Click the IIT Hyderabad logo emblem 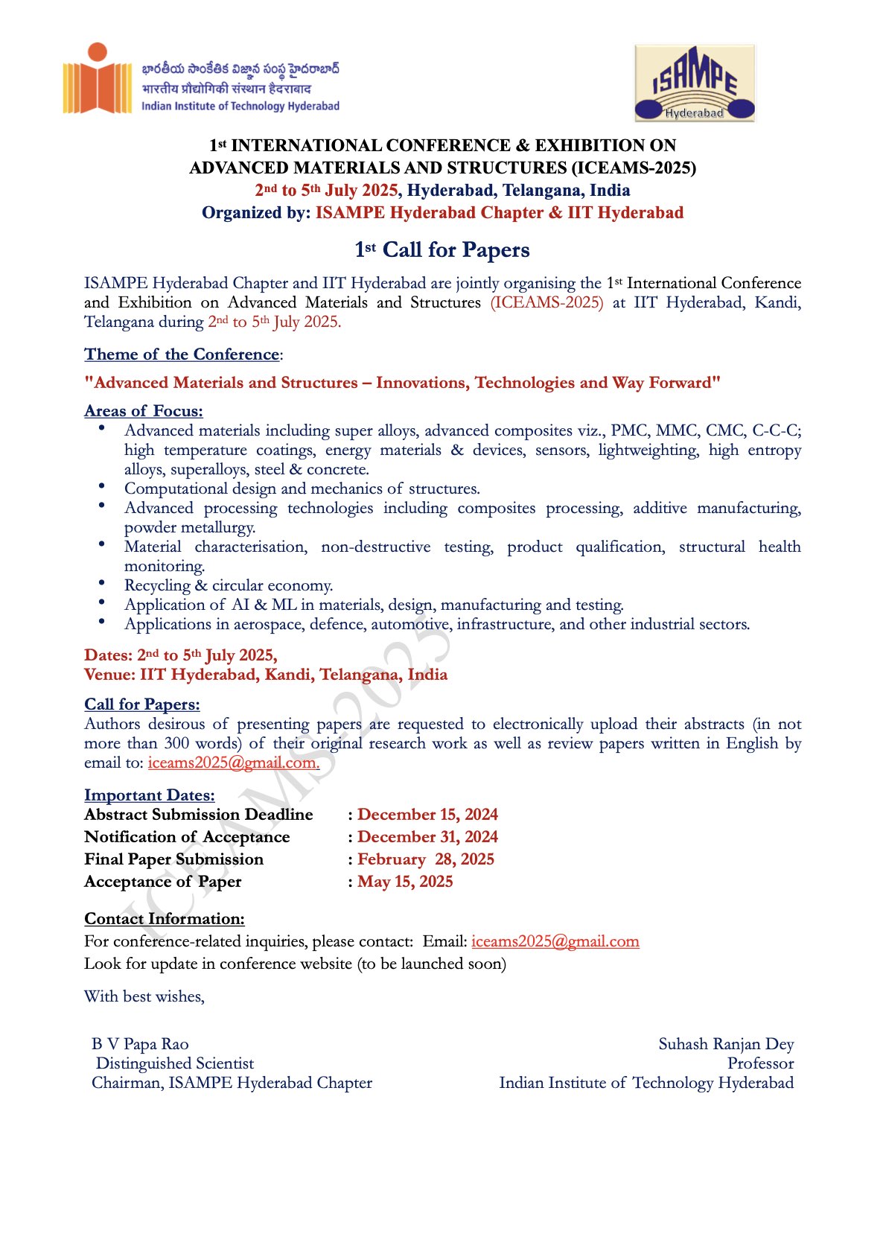97,80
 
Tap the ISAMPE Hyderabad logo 694,83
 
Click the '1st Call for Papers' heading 442,249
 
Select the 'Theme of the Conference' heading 182,354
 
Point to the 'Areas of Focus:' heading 144,411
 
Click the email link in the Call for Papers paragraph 234,763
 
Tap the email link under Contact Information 555,941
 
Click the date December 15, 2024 427,815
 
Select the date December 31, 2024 427,837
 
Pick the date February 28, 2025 425,859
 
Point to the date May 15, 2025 405,882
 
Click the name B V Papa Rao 141,1044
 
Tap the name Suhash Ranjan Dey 726,1044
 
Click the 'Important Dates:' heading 150,795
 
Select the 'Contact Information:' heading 165,919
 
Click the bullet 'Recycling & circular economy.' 229,585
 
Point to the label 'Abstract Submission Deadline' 199,815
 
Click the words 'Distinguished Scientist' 175,1063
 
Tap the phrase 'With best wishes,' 144,996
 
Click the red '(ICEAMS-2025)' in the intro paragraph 546,302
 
